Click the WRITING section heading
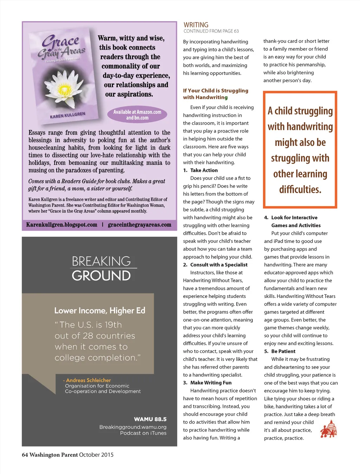196,25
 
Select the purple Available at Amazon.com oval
137,115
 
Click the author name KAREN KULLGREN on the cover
67,115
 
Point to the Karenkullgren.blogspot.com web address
62,225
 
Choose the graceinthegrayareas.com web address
140,225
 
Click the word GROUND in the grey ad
101,276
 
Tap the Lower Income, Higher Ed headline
99,311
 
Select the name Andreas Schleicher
88,380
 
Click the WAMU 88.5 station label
150,419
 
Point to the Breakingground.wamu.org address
133,427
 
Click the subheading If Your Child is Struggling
216,91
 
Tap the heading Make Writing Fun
211,383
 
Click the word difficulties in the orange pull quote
300,190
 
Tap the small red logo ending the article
329,429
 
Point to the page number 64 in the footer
25,455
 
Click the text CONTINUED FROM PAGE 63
211,31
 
